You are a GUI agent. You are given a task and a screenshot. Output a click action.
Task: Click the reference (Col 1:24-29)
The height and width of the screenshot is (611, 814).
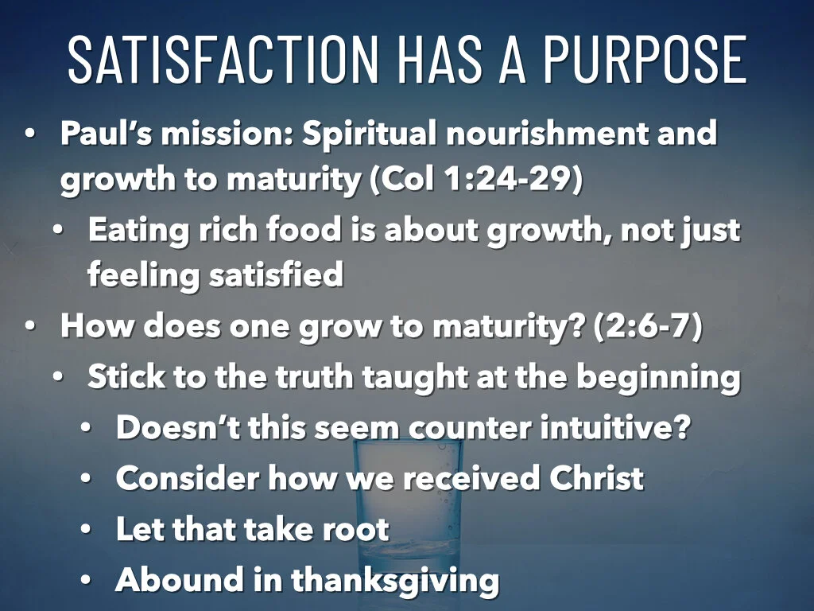[476, 180]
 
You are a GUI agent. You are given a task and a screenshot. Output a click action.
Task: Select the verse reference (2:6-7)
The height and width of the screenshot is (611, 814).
[648, 327]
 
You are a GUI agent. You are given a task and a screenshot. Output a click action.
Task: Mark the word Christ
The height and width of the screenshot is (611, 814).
[595, 478]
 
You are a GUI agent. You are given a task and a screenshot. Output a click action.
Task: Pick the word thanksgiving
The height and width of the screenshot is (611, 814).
[395, 580]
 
